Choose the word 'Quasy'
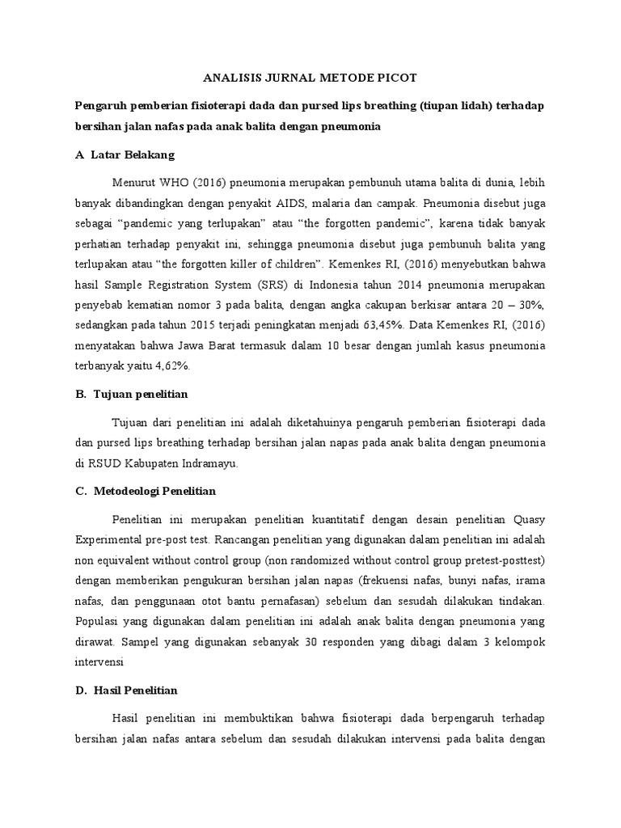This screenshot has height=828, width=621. (x=527, y=517)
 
